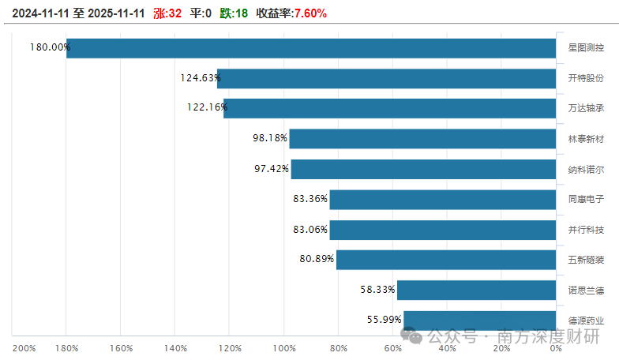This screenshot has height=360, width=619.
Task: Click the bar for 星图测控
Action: click(x=311, y=48)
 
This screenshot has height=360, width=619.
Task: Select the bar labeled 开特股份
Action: click(x=387, y=78)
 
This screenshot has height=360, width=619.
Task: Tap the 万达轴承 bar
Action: click(x=390, y=108)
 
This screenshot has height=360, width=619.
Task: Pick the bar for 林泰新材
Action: click(x=422, y=139)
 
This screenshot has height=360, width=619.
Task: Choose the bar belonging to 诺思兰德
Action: click(x=476, y=290)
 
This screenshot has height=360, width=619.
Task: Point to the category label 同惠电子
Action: click(x=585, y=200)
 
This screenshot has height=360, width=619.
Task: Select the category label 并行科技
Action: click(x=585, y=230)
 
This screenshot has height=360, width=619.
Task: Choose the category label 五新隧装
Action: click(x=585, y=260)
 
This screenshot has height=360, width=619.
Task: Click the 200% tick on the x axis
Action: click(x=24, y=348)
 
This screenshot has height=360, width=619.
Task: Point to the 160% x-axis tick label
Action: click(x=121, y=348)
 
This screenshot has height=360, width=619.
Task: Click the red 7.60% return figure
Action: click(x=310, y=13)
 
